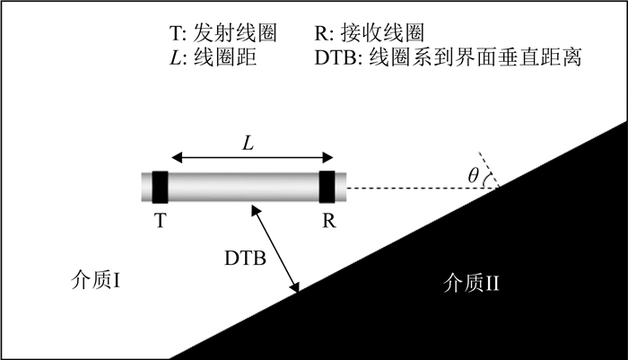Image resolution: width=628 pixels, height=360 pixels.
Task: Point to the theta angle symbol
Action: coord(474,176)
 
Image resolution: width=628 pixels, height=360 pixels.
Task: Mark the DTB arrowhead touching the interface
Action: coord(295,287)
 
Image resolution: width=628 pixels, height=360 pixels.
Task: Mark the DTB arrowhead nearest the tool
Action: coord(257,209)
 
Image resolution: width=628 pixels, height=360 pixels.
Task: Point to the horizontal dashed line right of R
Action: coord(413,189)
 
